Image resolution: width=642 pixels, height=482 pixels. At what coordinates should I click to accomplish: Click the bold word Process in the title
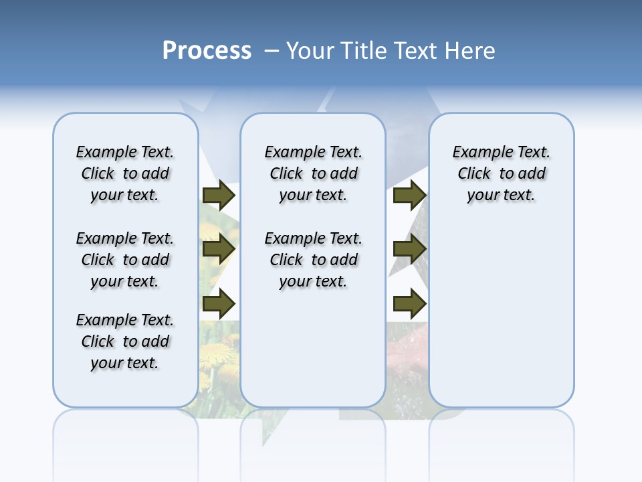coord(207,51)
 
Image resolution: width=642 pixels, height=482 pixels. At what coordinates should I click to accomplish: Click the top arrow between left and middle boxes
coord(219,195)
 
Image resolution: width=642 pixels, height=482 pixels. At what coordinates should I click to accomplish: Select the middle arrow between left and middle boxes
coord(219,250)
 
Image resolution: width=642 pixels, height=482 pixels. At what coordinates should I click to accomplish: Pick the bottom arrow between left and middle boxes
coord(219,304)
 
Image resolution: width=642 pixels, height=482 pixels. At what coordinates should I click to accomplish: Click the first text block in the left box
coord(125,173)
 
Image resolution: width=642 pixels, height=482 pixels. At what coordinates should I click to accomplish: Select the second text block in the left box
coord(125,260)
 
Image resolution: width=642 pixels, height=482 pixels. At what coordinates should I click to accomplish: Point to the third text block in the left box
coord(125,341)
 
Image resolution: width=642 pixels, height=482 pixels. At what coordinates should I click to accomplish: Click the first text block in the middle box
coord(314,173)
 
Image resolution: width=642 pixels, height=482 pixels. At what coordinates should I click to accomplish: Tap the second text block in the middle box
coord(314,260)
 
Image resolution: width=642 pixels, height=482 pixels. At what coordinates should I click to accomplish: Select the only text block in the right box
coord(502,173)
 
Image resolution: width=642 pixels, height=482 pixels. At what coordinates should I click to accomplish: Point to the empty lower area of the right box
coord(502,308)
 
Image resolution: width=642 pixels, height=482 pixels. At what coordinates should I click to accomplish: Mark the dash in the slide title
coord(271,51)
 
